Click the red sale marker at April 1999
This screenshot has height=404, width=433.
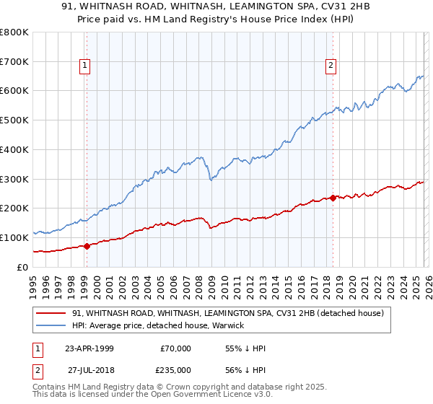pyautogui.click(x=87, y=246)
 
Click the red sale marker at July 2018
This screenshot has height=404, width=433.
pyautogui.click(x=333, y=198)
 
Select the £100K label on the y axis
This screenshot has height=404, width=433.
pyautogui.click(x=14, y=237)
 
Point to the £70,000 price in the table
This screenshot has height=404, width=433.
pyautogui.click(x=176, y=348)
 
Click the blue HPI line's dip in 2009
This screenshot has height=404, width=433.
pyautogui.click(x=210, y=180)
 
